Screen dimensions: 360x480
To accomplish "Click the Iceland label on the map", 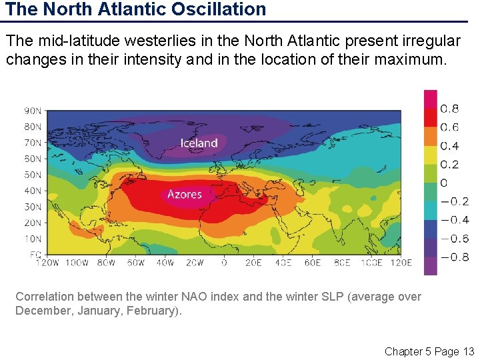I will pos(199,143).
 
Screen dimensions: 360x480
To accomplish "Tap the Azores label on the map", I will pos(184,194).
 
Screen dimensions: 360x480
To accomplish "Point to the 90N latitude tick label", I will pos(33,111).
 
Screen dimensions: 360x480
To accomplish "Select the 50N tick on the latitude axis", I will pos(33,175).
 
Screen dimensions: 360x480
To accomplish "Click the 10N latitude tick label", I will pos(33,239).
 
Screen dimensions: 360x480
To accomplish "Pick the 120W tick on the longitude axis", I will pos(48,263).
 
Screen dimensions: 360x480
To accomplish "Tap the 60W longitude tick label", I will pos(135,263).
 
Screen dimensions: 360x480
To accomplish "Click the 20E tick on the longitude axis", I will pos(253,263).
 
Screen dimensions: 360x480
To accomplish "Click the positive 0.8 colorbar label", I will pos(449,109).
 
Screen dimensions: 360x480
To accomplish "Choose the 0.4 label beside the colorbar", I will pos(449,146).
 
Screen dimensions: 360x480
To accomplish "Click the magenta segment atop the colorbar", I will pos(431,99).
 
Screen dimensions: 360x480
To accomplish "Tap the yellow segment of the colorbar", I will pos(431,155).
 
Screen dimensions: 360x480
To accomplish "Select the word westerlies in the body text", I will pos(181,41).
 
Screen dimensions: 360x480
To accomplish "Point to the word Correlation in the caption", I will pos(46,297).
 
